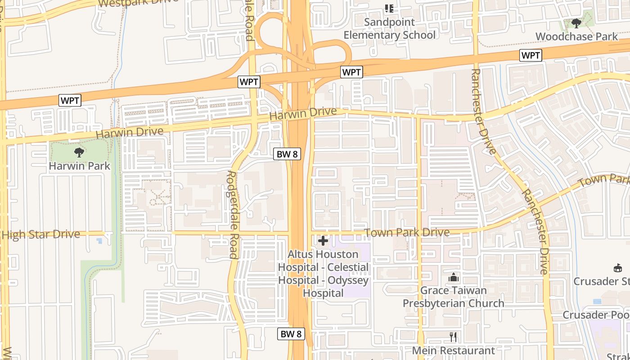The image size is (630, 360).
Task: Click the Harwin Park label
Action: (79, 166)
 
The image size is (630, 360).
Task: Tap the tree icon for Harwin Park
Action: (79, 152)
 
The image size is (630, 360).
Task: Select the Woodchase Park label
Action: (577, 36)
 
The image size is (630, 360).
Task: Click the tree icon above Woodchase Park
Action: (576, 23)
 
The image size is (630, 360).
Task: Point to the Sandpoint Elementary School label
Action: (389, 28)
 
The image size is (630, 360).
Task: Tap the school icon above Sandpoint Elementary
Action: (389, 8)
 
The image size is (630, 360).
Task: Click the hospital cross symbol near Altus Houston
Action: (323, 241)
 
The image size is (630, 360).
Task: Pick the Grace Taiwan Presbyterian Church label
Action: (453, 297)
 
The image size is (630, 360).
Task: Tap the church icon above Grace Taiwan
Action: (453, 278)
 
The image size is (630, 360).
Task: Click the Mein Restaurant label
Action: (453, 350)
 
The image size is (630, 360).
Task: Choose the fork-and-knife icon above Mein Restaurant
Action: (453, 337)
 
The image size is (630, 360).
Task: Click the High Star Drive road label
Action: (41, 234)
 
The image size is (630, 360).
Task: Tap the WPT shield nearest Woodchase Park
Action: (531, 55)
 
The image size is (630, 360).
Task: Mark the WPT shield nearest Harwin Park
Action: (70, 100)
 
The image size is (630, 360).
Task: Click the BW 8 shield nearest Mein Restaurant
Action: (291, 334)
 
